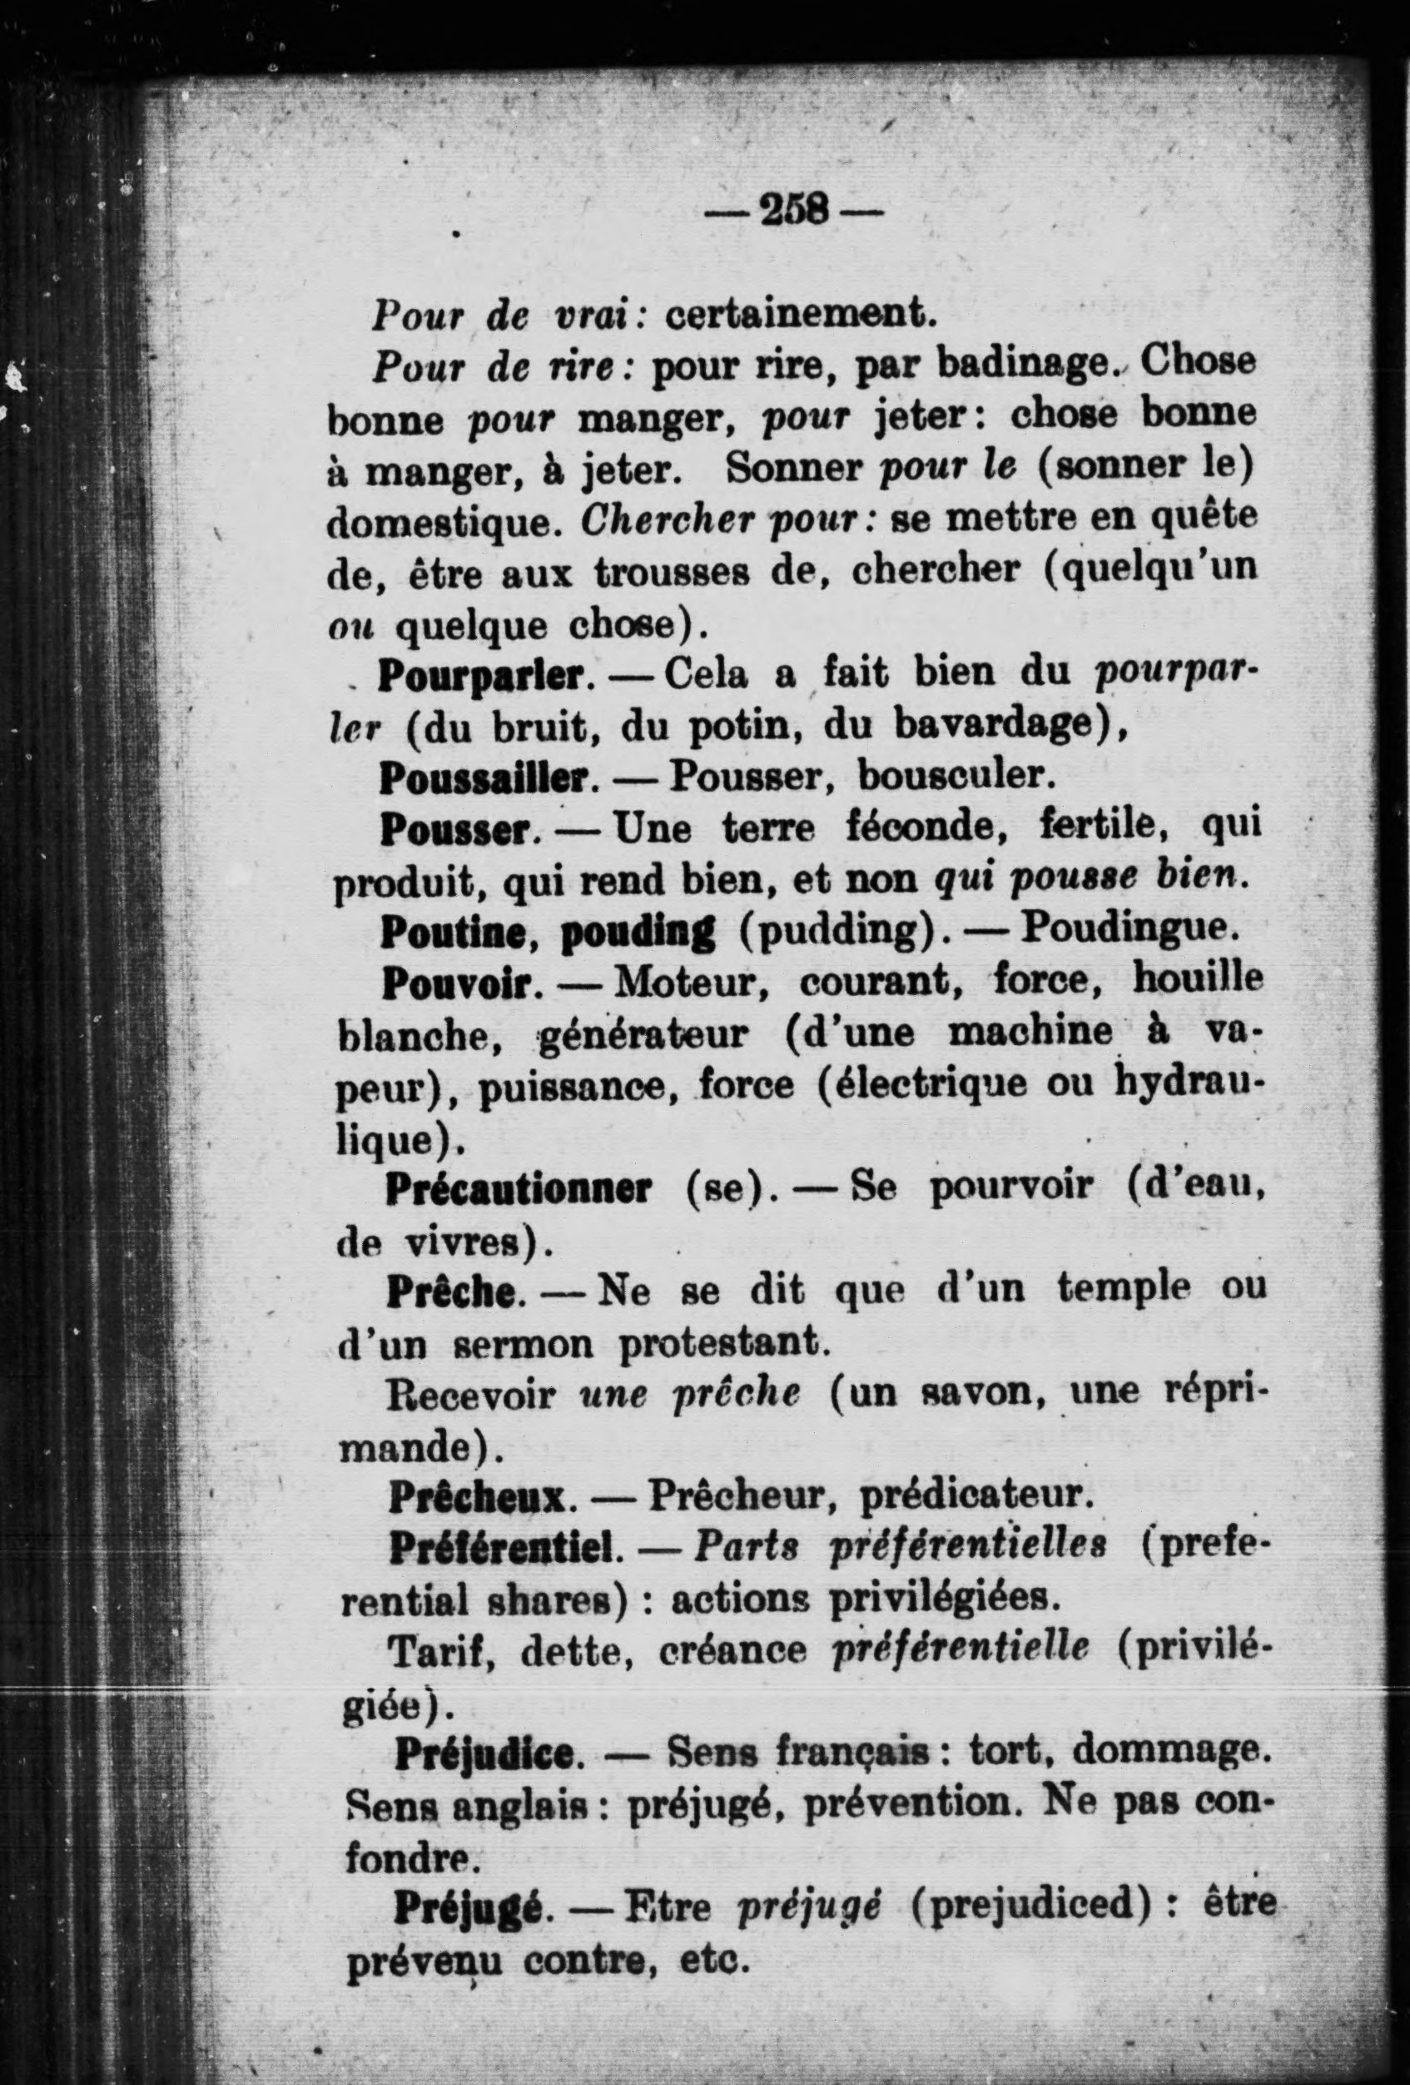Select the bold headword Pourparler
(484, 675)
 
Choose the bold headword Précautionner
(519, 1189)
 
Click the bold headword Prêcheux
(479, 1495)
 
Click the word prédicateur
(975, 1495)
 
